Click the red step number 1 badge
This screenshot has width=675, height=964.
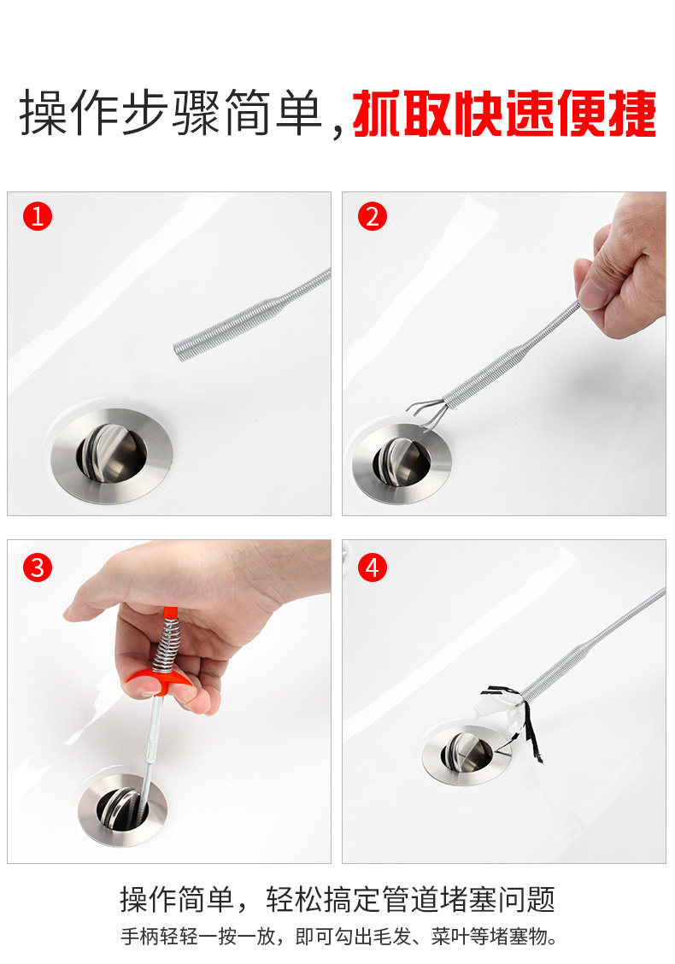click(38, 217)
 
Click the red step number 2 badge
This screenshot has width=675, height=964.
click(373, 217)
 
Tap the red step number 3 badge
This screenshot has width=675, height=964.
click(38, 567)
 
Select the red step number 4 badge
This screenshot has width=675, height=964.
click(373, 567)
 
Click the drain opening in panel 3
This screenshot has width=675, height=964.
click(122, 809)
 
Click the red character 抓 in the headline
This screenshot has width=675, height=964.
click(378, 114)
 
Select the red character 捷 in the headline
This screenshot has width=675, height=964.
click(631, 114)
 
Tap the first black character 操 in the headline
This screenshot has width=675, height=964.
click(44, 113)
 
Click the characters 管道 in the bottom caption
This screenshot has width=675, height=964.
click(411, 899)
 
